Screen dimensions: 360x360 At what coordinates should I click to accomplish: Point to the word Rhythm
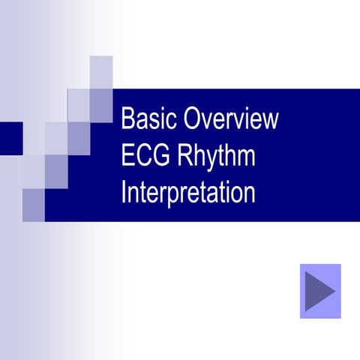(x=217, y=157)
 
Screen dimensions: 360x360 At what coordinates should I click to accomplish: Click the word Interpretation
(x=188, y=193)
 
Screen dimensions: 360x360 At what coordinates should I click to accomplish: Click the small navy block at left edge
(x=10, y=138)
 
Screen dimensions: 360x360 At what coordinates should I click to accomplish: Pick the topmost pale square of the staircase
(x=101, y=72)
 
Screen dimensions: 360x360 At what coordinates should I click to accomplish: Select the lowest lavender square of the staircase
(x=33, y=204)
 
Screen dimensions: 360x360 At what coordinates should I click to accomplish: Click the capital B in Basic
(x=127, y=120)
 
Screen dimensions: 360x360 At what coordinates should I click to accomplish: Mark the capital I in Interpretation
(x=124, y=192)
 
